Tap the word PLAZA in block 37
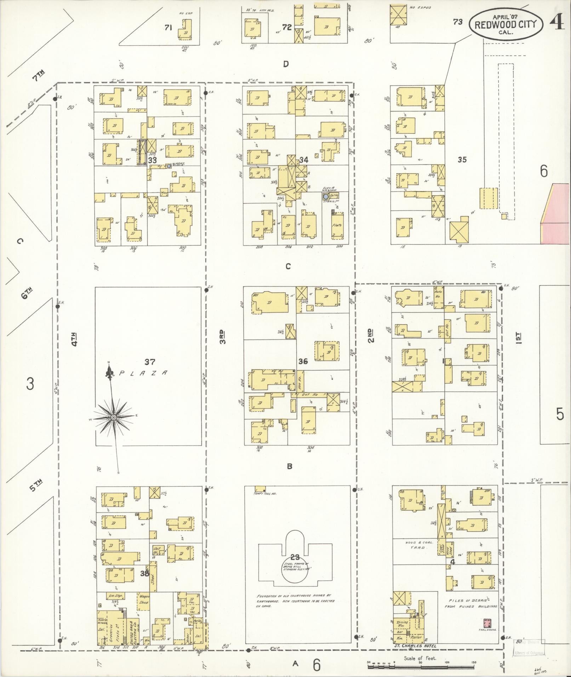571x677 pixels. (x=143, y=373)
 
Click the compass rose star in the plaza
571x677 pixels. (x=113, y=418)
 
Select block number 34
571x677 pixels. (x=303, y=160)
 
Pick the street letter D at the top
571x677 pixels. (x=286, y=64)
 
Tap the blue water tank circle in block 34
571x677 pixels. (x=326, y=196)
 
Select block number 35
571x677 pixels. (x=462, y=160)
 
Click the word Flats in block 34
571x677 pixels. (x=337, y=225)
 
